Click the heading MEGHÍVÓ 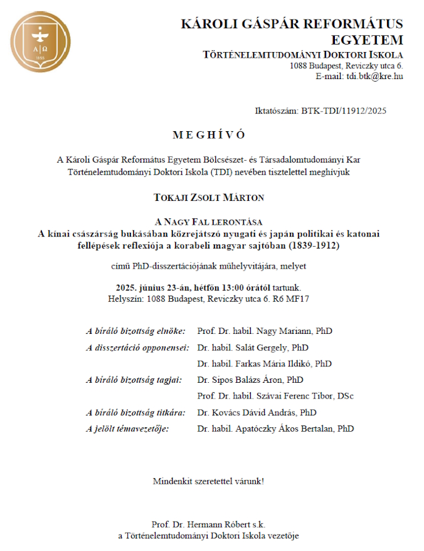(209, 135)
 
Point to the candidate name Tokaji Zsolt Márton (209, 197)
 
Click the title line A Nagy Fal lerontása (209, 222)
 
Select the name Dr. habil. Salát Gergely (244, 347)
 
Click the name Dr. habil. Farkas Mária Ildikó (255, 363)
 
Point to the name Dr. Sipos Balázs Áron (241, 380)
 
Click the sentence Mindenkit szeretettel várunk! (208, 481)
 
